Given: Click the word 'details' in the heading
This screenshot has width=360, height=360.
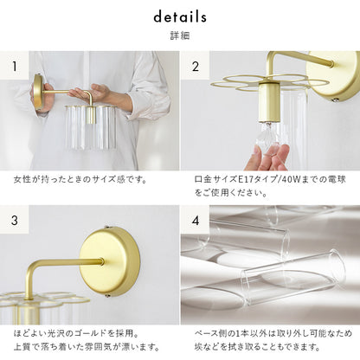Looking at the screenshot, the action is (x=180, y=17).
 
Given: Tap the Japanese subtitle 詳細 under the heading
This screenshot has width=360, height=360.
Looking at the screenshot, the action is (x=180, y=35).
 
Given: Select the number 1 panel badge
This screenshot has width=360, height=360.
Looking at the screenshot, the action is (x=15, y=66).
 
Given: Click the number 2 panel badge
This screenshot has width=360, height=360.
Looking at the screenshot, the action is (x=196, y=66).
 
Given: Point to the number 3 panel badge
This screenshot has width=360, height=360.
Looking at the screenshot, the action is (x=15, y=220).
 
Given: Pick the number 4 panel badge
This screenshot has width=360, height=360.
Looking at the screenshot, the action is (x=196, y=221).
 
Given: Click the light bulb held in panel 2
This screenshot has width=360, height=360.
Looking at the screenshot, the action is (x=268, y=136).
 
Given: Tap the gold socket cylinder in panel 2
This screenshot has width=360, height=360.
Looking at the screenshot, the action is (x=268, y=102).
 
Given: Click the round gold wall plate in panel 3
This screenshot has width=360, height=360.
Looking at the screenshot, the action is (x=110, y=261).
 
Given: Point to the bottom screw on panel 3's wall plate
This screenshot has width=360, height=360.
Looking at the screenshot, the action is (x=107, y=295).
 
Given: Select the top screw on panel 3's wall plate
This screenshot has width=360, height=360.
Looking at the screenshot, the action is (x=107, y=228).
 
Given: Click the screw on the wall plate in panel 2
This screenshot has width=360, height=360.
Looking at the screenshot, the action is (x=336, y=100).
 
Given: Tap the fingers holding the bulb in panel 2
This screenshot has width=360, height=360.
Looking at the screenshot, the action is (x=270, y=157).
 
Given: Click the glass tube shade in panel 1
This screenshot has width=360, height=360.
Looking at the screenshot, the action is (x=91, y=127).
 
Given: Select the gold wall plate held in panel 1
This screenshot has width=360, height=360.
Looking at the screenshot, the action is (x=38, y=93).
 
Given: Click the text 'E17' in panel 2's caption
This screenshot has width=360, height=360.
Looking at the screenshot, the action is (x=246, y=179).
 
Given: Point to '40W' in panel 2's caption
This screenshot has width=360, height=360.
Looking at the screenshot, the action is (x=292, y=179).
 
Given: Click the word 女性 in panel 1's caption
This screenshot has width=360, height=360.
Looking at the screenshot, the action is (x=22, y=179).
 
